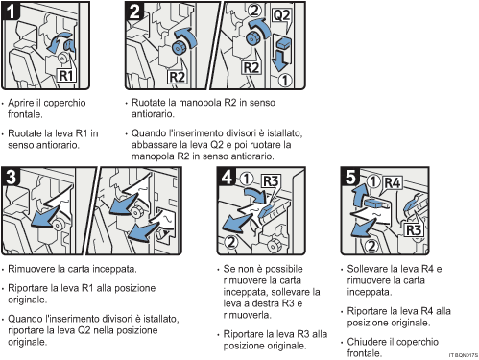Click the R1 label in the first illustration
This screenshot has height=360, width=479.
coord(65,74)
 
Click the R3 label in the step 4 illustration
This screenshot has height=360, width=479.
coord(271,180)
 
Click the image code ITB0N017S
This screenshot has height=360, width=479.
coord(461,355)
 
